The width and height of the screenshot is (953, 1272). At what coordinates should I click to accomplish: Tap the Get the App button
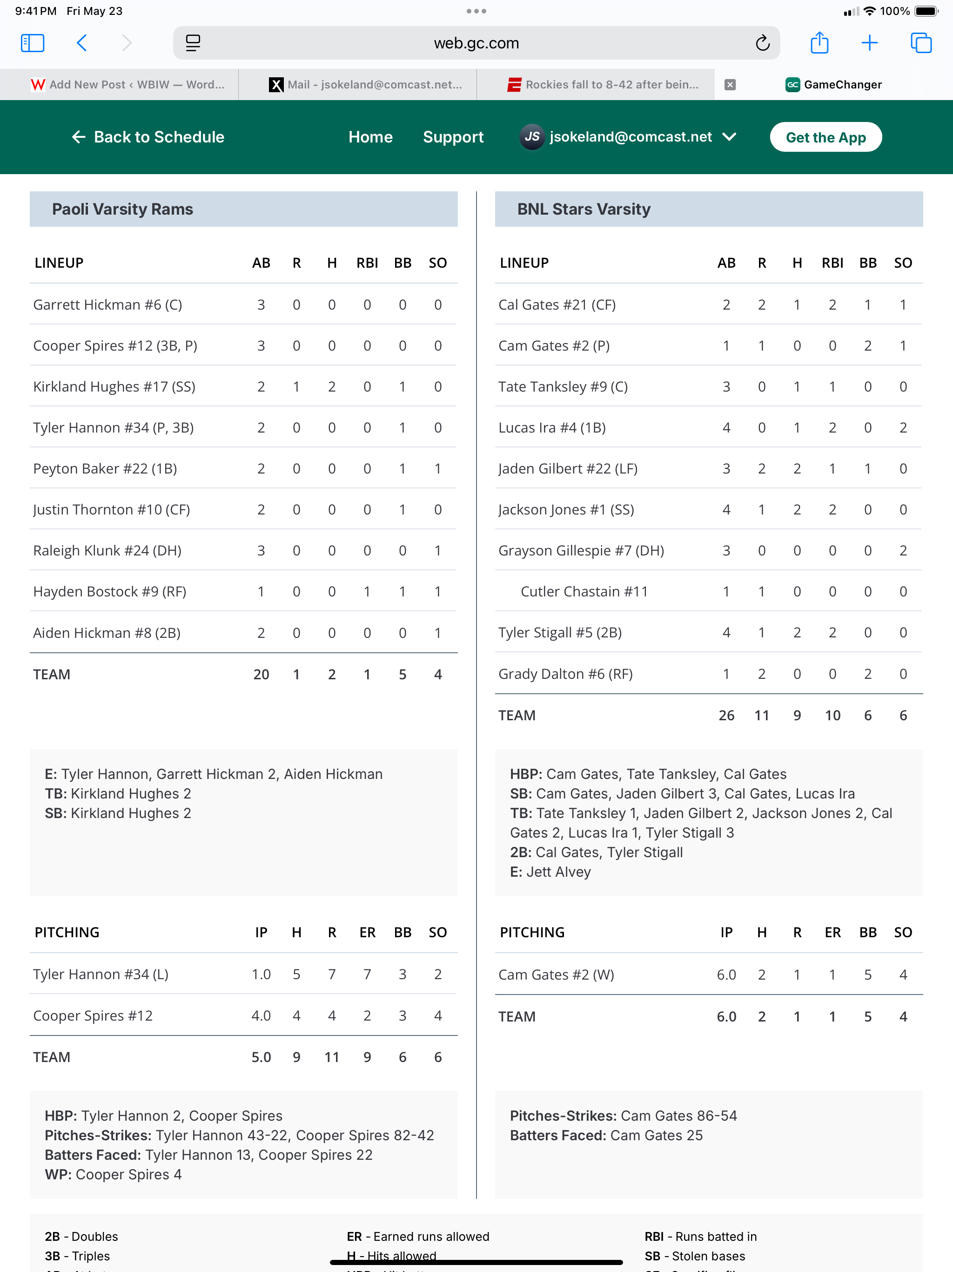pyautogui.click(x=825, y=137)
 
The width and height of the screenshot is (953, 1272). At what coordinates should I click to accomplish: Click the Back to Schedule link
pyautogui.click(x=148, y=137)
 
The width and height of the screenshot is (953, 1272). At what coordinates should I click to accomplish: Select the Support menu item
pyautogui.click(x=453, y=137)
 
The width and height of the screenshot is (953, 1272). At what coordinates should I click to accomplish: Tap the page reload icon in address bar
pyautogui.click(x=762, y=43)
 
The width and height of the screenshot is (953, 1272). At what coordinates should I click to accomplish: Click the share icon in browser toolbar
pyautogui.click(x=819, y=43)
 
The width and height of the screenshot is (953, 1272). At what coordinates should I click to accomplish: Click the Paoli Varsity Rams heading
pyautogui.click(x=122, y=210)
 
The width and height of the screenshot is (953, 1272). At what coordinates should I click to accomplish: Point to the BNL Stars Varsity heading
pyautogui.click(x=584, y=210)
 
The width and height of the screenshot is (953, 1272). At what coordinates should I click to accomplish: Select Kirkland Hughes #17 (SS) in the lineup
pyautogui.click(x=114, y=386)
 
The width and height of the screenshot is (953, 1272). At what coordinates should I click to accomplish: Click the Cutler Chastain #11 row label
pyautogui.click(x=584, y=592)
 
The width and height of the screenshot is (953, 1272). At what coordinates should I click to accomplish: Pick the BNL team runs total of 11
pyautogui.click(x=762, y=715)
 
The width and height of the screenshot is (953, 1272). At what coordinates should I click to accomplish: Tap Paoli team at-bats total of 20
pyautogui.click(x=261, y=675)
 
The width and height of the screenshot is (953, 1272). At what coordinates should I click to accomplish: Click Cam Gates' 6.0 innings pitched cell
pyautogui.click(x=726, y=974)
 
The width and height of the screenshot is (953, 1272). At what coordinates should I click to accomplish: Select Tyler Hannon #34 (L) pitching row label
pyautogui.click(x=101, y=974)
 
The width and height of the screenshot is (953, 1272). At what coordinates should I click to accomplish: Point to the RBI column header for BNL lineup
pyautogui.click(x=832, y=263)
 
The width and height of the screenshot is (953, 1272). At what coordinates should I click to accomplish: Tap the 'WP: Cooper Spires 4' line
pyautogui.click(x=113, y=1174)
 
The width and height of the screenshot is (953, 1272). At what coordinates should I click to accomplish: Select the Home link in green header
pyautogui.click(x=370, y=137)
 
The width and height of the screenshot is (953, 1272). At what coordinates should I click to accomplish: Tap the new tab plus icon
pyautogui.click(x=870, y=43)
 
